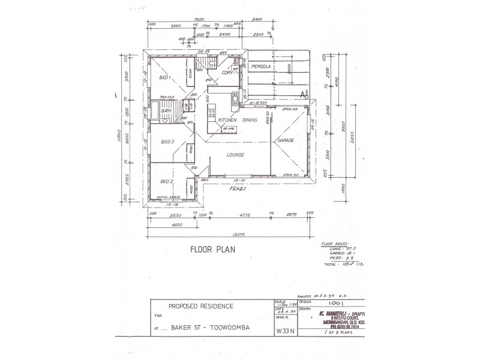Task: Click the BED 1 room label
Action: [165, 78]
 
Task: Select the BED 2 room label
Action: [167, 181]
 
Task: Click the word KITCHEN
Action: [229, 120]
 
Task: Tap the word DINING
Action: [251, 120]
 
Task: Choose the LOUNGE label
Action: [236, 154]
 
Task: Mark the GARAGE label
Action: [284, 140]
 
